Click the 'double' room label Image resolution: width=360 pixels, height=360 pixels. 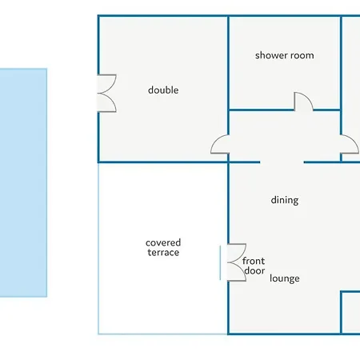click(163, 90)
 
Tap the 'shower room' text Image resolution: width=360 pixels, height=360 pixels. click(285, 55)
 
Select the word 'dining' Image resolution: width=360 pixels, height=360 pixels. click(285, 200)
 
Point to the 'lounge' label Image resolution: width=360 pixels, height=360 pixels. click(285, 278)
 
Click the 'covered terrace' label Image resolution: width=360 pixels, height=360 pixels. click(163, 247)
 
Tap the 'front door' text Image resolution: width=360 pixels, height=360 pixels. click(254, 266)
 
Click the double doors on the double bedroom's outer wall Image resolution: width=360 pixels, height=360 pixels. click(106, 94)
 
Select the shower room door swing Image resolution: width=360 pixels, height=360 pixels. click(303, 102)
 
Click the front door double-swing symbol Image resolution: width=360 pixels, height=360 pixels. click(237, 262)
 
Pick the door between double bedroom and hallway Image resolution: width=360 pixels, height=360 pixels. click(220, 144)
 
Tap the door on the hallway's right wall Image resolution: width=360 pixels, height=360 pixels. click(350, 144)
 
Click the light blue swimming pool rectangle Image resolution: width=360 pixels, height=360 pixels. click(23, 182)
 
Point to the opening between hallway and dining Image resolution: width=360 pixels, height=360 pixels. click(282, 162)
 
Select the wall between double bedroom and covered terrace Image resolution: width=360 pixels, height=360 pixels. click(162, 162)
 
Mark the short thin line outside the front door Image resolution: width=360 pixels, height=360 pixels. click(220, 263)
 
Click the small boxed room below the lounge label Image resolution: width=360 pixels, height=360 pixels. click(350, 313)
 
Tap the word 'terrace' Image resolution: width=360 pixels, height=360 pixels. click(163, 253)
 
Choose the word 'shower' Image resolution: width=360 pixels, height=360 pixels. click(270, 55)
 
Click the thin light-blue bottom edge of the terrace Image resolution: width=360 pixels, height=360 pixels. click(162, 334)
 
